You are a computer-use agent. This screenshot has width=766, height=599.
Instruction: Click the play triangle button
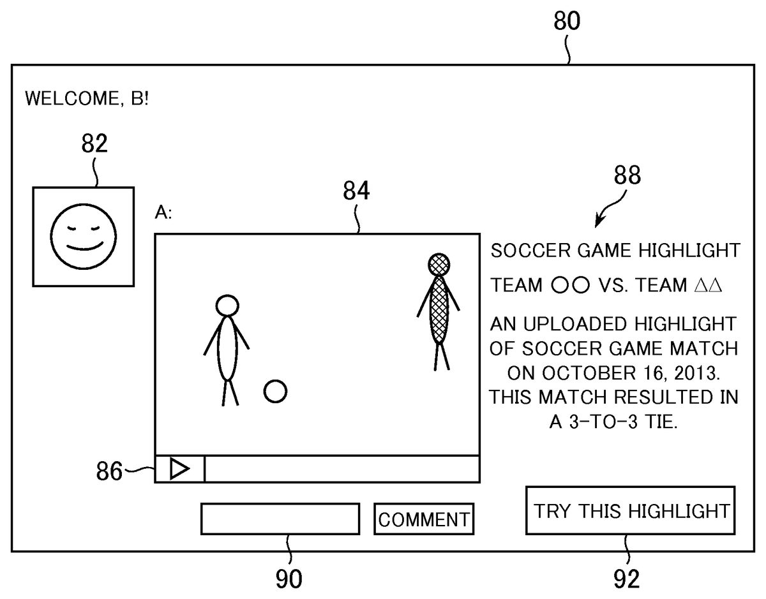tap(179, 469)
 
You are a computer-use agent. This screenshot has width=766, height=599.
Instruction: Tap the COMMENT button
tap(424, 519)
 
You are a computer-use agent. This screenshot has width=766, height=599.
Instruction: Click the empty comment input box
tap(280, 519)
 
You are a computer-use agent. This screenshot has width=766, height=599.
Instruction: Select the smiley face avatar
tap(84, 236)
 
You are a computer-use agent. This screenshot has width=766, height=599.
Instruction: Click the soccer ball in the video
tap(275, 391)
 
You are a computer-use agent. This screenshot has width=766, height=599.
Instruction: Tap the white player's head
tap(227, 306)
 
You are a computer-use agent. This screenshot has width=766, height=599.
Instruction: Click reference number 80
tap(566, 21)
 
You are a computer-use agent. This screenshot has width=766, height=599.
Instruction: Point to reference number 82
tap(94, 144)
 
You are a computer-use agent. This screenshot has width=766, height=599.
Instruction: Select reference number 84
tap(356, 191)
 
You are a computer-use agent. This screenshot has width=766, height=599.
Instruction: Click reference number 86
tap(109, 472)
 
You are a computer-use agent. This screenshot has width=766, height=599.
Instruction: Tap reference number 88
tap(627, 175)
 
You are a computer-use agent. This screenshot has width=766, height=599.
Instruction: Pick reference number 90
tap(289, 578)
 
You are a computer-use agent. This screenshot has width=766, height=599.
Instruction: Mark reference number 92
tap(626, 578)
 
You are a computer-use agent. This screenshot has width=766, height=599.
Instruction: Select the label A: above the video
tap(163, 214)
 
